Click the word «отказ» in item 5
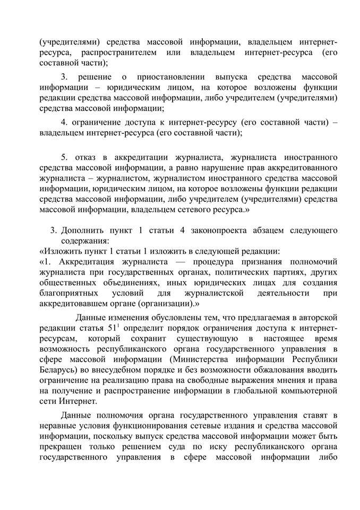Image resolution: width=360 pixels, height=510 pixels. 86,158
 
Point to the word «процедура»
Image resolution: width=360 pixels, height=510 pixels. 205,261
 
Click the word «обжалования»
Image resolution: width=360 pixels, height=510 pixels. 280,370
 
